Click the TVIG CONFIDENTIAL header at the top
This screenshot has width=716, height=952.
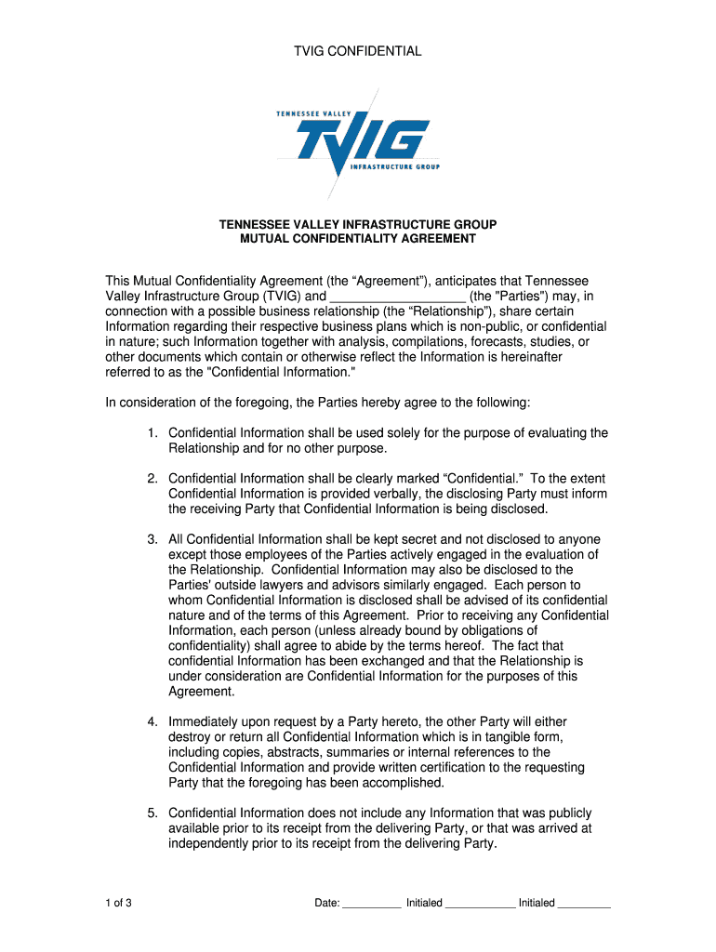[x=358, y=52]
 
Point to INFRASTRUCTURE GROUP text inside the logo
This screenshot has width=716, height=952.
[x=394, y=167]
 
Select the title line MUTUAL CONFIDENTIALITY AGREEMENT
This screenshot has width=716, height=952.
[x=358, y=239]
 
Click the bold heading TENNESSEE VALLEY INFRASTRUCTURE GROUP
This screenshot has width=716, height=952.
[x=358, y=225]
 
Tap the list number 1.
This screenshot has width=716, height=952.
[x=152, y=433]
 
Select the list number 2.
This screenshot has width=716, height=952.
[x=152, y=479]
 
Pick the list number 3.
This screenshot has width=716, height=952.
[x=152, y=539]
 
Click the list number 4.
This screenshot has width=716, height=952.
[x=152, y=722]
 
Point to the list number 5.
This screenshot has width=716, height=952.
[x=152, y=813]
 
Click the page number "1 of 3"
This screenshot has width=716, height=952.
[x=118, y=903]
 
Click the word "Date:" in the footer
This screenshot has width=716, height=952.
[x=327, y=903]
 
